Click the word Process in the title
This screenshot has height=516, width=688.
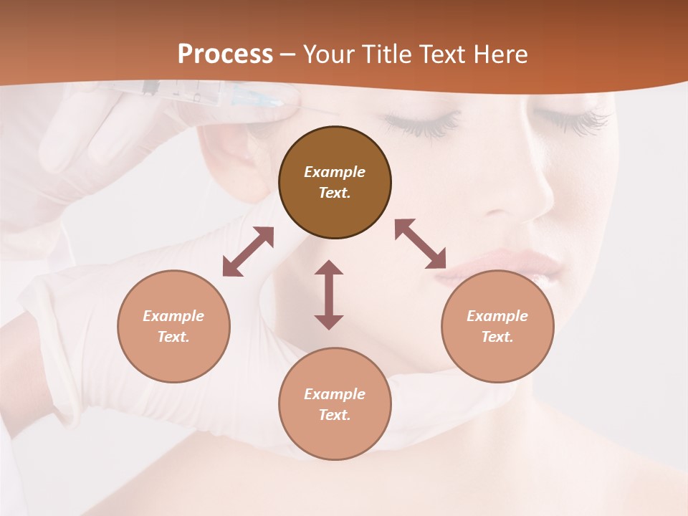(x=225, y=54)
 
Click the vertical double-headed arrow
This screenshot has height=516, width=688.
(x=329, y=295)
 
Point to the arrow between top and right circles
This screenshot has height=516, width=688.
(x=421, y=244)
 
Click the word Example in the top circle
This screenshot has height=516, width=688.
(x=335, y=172)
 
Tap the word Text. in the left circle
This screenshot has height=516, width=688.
(x=173, y=337)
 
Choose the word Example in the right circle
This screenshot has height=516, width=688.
(x=497, y=316)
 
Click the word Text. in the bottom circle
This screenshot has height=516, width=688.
(x=335, y=415)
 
